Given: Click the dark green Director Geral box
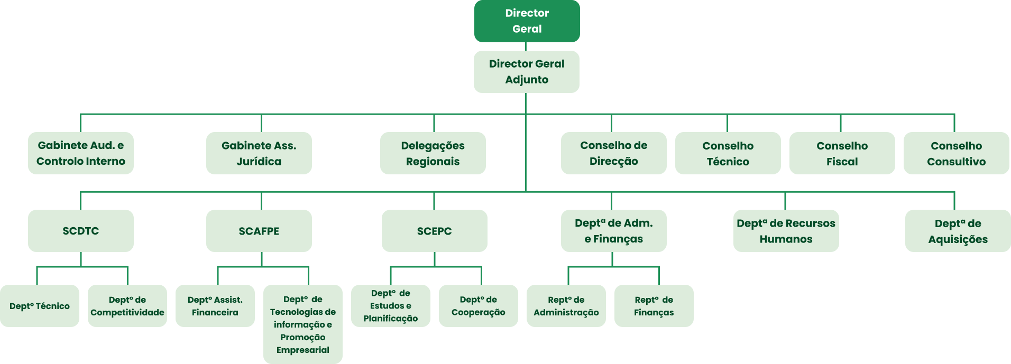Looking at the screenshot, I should (x=527, y=21).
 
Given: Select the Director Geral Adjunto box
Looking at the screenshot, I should (x=526, y=72).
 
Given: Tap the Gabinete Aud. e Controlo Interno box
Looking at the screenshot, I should (x=81, y=153).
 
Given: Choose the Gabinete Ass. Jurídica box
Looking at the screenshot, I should (x=259, y=153).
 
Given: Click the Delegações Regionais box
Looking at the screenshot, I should (x=433, y=153).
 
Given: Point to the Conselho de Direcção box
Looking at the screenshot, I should (x=613, y=153).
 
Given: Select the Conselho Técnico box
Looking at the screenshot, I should (x=728, y=153).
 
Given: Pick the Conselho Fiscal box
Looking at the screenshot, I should (x=842, y=153).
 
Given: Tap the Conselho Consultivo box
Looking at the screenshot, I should (x=956, y=153).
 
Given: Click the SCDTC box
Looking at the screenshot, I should (x=81, y=231).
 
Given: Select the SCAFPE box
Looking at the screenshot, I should (x=259, y=231).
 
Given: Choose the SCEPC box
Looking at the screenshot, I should (x=434, y=231).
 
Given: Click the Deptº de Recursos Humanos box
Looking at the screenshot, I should (x=786, y=231).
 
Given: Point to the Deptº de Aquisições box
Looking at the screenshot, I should (x=958, y=231).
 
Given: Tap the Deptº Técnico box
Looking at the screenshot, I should (x=40, y=306).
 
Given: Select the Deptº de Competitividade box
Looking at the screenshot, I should (x=127, y=306).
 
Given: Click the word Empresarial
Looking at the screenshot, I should (x=302, y=350).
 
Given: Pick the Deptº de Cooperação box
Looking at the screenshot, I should (x=478, y=306).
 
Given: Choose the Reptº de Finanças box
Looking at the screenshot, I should (x=654, y=306).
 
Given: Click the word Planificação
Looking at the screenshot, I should (x=390, y=318).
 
